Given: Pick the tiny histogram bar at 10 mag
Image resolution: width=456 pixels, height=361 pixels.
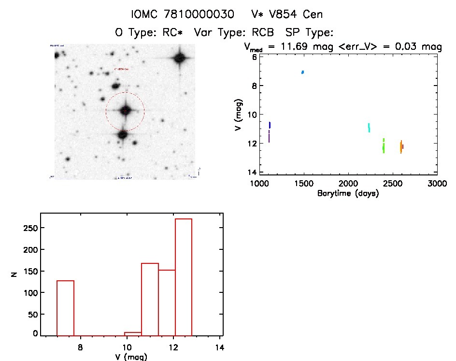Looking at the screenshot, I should click(133, 333).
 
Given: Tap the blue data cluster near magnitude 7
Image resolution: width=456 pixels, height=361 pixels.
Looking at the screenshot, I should click(302, 72).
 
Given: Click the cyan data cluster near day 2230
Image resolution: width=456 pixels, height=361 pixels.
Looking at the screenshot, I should click(369, 128).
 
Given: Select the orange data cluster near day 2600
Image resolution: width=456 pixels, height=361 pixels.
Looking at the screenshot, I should click(401, 146).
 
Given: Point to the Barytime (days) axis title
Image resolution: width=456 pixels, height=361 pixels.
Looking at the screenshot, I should click(348, 193).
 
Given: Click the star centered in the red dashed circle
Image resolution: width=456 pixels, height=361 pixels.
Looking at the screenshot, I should click(125, 111).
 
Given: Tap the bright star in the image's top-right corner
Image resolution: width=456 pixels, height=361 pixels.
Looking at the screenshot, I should click(180, 58).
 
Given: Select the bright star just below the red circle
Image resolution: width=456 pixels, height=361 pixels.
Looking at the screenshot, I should click(122, 134).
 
